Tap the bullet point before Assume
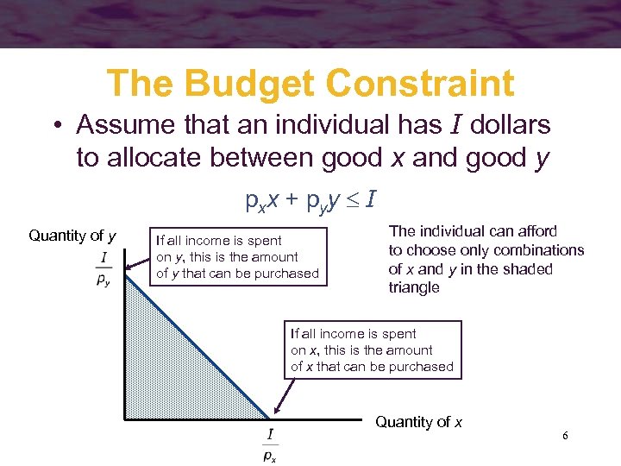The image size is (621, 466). pos(57,126)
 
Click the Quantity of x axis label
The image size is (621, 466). pos(418,422)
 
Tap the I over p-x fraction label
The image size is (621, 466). pos(270,444)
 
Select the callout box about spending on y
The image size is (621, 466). pos(237,257)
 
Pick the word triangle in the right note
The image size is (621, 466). pos(414,288)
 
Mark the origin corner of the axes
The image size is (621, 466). pos(126,420)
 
